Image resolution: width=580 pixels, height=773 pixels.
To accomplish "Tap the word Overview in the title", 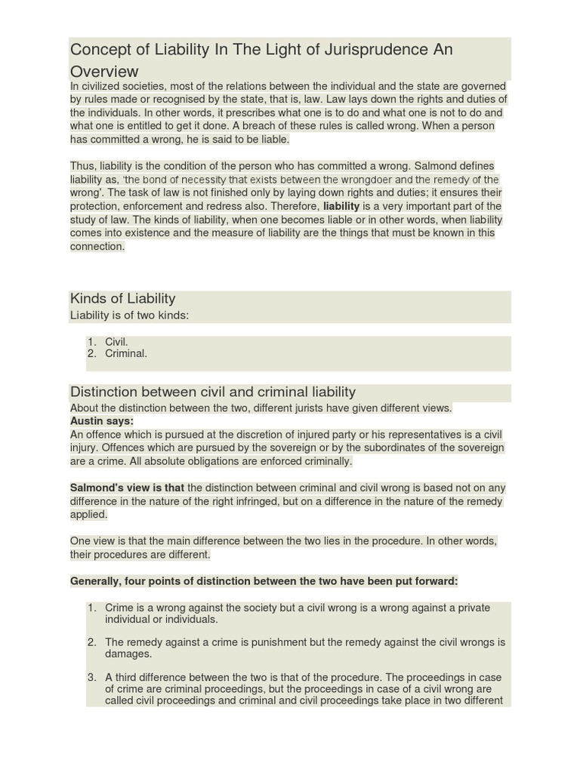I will [x=104, y=72].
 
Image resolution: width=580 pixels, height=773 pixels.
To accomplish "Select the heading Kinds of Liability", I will [x=122, y=299].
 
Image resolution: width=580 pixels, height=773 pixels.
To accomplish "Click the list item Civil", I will [x=116, y=342].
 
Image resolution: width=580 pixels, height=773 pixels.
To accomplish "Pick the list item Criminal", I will [x=126, y=353].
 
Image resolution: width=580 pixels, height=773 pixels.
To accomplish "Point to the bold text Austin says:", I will [x=102, y=421].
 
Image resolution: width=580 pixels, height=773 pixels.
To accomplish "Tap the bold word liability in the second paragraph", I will [x=341, y=206].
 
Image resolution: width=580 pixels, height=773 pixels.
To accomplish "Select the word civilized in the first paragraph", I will [x=104, y=86].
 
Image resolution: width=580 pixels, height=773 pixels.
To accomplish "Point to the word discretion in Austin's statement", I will [x=248, y=435].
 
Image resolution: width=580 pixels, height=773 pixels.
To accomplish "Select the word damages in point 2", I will [x=128, y=654].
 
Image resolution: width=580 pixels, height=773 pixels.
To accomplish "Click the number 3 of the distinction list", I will [x=91, y=677].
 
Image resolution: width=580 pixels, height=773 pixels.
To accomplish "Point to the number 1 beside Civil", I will [x=91, y=342].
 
